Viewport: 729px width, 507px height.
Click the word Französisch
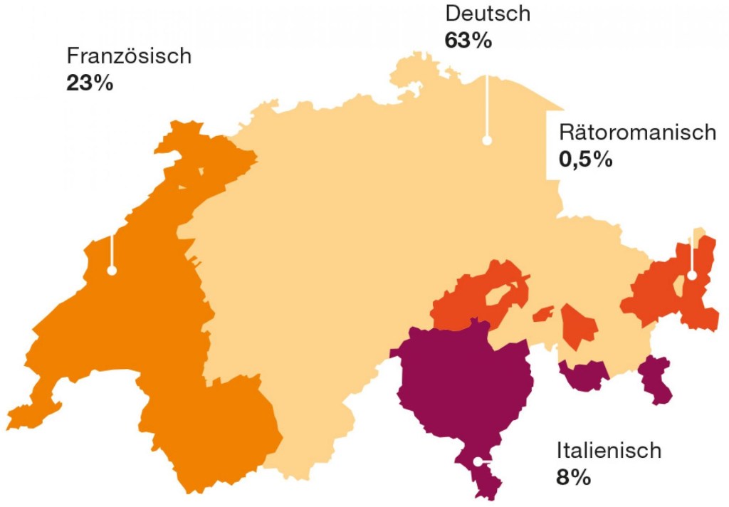pos(129,56)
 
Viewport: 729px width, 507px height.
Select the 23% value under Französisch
pos(90,83)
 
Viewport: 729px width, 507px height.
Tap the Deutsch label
pos(488,14)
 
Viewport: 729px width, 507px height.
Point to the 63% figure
pos(468,41)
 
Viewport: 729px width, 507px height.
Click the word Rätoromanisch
pos(637,132)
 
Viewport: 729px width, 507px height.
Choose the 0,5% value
pos(585,160)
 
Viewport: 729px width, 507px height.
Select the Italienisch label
pos(609,451)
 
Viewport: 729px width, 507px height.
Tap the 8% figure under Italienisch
pos(574,477)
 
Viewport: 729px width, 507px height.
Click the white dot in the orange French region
pos(111,271)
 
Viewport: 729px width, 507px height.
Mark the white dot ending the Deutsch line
pos(487,140)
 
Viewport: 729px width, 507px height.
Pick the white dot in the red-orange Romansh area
pos(691,276)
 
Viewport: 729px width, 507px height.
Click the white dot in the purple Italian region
pos(477,460)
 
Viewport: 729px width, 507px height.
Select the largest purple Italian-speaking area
pos(466,385)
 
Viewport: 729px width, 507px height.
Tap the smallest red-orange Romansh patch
pos(543,313)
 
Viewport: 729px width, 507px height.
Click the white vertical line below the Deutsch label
pos(487,107)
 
